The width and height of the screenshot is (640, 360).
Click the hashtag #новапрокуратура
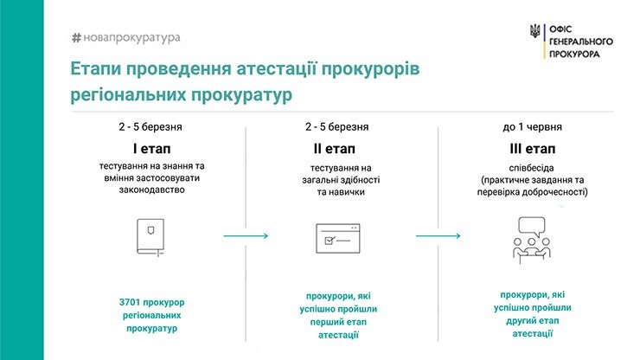click(x=125, y=37)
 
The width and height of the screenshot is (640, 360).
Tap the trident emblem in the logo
click(x=534, y=31)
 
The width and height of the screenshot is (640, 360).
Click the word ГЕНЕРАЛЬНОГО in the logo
click(x=581, y=42)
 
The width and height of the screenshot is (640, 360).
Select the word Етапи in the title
click(x=95, y=69)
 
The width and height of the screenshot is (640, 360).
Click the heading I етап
click(x=151, y=149)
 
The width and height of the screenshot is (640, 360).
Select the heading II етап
click(x=335, y=149)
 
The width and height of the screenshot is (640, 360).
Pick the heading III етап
click(x=532, y=149)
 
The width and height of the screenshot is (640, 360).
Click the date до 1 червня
click(x=532, y=127)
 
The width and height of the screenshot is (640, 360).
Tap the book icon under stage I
click(x=150, y=237)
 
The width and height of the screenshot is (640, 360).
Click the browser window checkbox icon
click(x=338, y=238)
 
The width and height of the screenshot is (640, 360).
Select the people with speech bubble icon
click(x=532, y=241)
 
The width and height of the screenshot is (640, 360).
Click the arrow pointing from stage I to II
click(x=246, y=235)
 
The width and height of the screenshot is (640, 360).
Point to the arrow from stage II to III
click(x=438, y=235)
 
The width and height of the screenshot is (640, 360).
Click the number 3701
click(x=130, y=302)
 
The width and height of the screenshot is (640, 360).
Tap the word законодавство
click(x=152, y=190)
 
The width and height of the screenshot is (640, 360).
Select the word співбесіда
click(x=531, y=168)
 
